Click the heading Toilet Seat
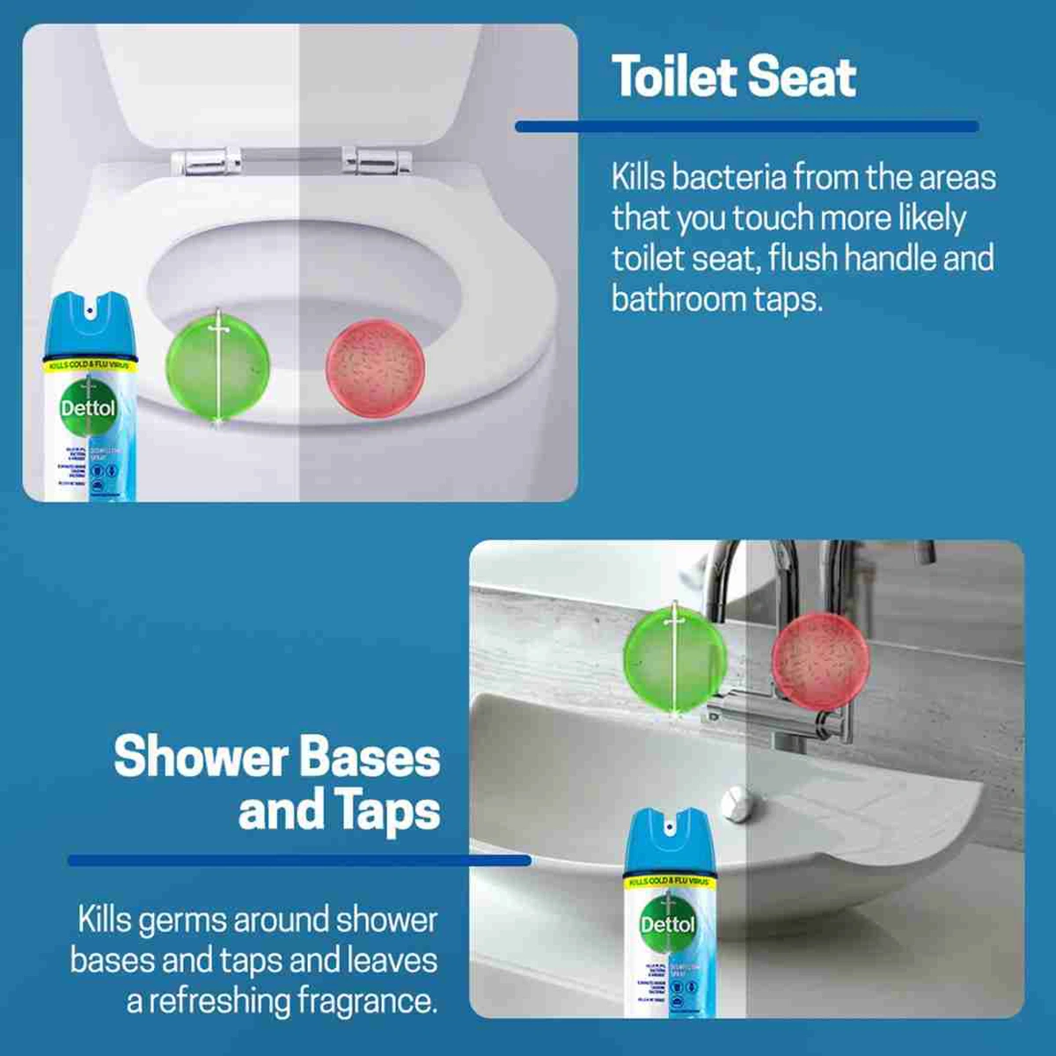(733, 77)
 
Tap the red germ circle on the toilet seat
(376, 368)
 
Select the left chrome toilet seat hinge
(206, 160)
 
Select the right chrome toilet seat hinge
(377, 160)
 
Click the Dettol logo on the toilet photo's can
(88, 407)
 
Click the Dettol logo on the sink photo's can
(667, 924)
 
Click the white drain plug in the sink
(735, 803)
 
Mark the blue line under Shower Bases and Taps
(299, 860)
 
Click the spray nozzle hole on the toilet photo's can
(90, 309)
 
